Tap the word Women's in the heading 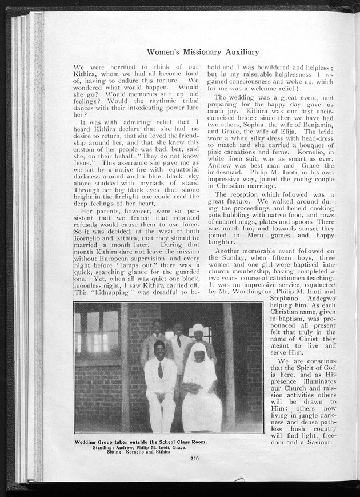tap(163, 52)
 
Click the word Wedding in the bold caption tap(89, 442)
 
